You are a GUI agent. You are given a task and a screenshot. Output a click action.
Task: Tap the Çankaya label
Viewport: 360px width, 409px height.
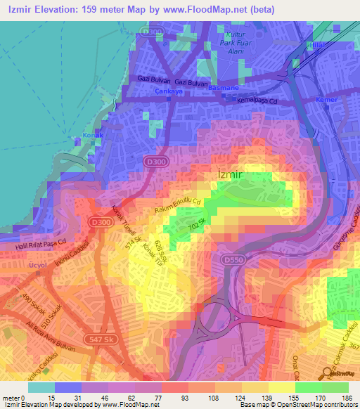(x=169, y=92)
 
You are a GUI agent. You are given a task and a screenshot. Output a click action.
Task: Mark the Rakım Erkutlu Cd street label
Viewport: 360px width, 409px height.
(x=178, y=207)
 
